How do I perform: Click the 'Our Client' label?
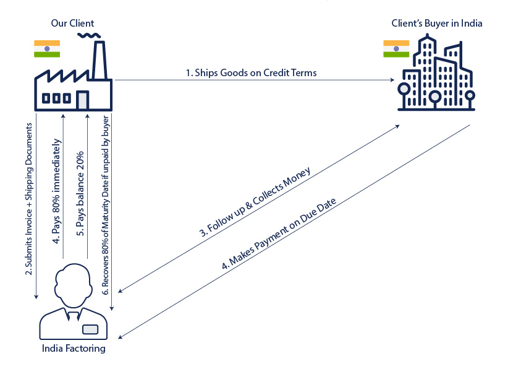(73, 24)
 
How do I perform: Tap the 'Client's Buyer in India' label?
(436, 24)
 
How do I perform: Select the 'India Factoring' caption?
(73, 349)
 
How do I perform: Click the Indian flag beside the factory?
(47, 49)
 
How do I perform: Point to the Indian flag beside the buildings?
(397, 49)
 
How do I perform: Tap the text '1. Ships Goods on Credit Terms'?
(251, 72)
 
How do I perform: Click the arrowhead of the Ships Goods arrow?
(392, 80)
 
